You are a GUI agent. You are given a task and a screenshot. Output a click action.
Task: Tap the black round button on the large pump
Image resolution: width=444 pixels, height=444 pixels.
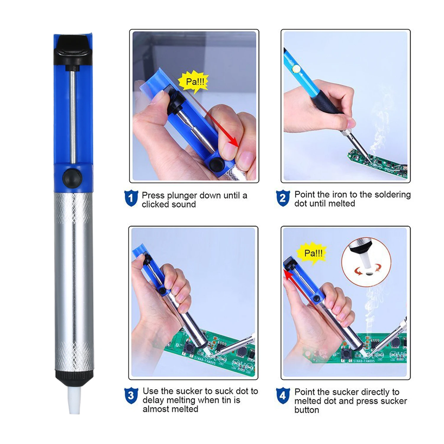72,178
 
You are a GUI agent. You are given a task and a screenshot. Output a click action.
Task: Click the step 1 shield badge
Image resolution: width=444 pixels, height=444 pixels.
131,198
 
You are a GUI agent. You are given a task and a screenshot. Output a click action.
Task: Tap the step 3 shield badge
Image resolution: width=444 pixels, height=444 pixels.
131,395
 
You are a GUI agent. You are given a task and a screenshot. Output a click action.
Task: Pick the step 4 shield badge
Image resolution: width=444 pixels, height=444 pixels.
283,395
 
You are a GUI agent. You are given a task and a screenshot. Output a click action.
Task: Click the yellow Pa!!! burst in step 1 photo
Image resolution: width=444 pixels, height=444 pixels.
194,82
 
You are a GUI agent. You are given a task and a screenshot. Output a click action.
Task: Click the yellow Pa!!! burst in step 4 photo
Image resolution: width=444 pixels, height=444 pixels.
313,253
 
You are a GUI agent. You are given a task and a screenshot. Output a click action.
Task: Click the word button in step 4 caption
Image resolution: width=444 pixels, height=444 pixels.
307,410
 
